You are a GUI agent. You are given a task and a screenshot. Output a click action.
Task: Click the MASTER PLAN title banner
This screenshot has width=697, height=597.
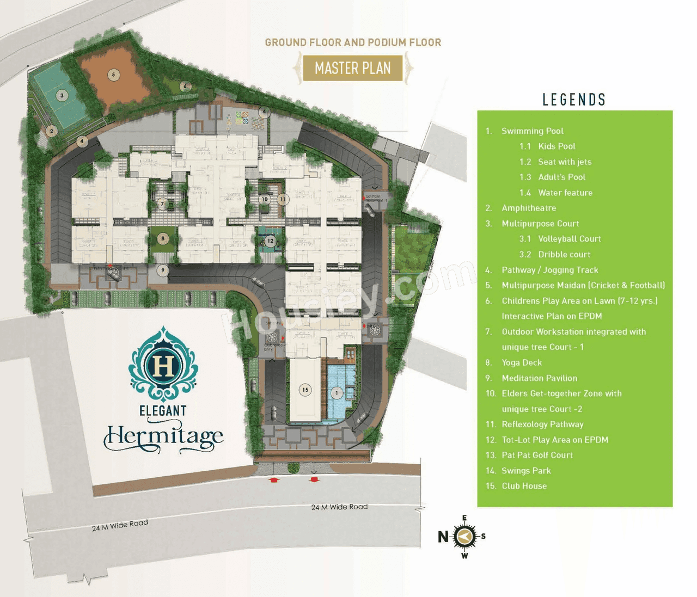pyautogui.click(x=353, y=68)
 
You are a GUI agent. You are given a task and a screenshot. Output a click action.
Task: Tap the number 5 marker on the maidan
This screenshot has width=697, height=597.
pyautogui.click(x=113, y=75)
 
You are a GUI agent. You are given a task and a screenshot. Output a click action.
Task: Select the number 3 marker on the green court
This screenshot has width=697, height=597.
pyautogui.click(x=62, y=96)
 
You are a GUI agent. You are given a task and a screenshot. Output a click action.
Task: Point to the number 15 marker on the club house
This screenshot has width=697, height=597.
pyautogui.click(x=305, y=390)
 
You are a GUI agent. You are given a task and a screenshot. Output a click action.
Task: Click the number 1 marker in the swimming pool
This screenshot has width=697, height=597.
pyautogui.click(x=337, y=393)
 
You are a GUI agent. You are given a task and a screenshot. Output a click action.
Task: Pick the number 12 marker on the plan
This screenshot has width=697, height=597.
pyautogui.click(x=270, y=241)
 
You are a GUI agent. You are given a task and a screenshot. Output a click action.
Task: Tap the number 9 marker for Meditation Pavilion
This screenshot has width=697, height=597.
pyautogui.click(x=162, y=270)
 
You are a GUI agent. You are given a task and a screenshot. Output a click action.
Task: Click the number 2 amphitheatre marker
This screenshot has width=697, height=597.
pyautogui.click(x=52, y=131)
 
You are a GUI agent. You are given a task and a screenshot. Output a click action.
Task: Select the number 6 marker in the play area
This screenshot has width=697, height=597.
pyautogui.click(x=185, y=86)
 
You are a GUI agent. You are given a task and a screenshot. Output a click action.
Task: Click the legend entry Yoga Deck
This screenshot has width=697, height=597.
pyautogui.click(x=521, y=362)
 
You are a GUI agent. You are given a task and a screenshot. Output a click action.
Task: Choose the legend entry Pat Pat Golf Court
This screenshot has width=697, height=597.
pyautogui.click(x=537, y=455)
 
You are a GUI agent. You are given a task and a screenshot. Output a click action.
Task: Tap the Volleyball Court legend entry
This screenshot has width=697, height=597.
pyautogui.click(x=569, y=239)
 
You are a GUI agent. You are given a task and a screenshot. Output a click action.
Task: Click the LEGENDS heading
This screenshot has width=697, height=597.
pyautogui.click(x=574, y=100)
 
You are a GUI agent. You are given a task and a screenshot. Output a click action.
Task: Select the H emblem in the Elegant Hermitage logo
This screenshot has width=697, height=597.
pyautogui.click(x=163, y=365)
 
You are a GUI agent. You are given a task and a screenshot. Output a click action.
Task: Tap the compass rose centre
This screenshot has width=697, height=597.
pyautogui.click(x=464, y=537)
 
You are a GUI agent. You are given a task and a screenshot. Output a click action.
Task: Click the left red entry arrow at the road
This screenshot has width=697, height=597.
pyautogui.click(x=274, y=480)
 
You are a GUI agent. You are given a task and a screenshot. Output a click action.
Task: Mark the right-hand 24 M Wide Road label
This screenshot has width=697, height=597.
pyautogui.click(x=339, y=507)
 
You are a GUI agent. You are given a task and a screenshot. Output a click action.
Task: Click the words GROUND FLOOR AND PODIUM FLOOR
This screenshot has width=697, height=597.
pyautogui.click(x=353, y=42)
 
